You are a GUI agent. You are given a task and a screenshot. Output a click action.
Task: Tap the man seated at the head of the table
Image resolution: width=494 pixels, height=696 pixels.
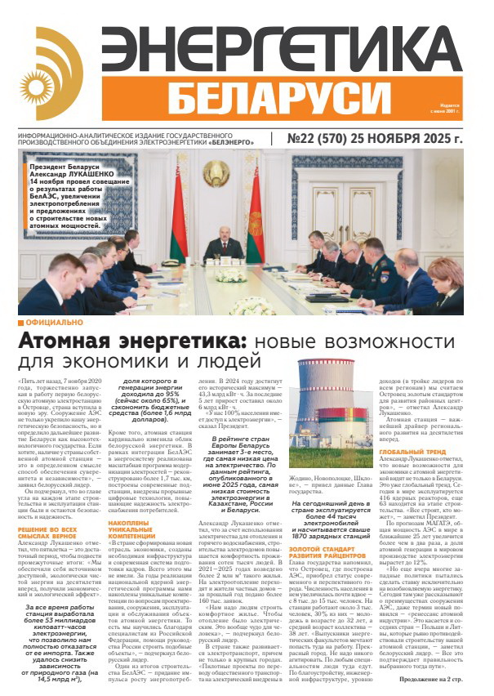[216, 246]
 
